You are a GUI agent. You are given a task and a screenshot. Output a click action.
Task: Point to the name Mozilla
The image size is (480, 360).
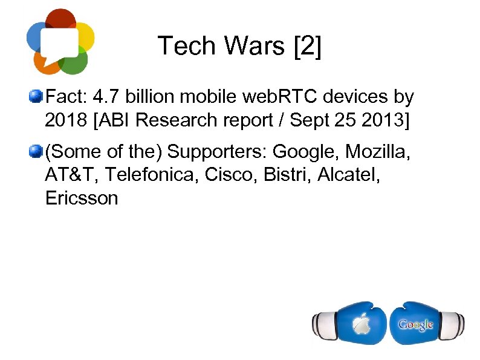tap(378, 151)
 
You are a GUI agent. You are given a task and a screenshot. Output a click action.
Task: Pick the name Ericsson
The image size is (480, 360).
tap(82, 198)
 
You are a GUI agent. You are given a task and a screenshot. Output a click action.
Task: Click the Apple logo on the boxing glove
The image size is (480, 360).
tap(362, 325)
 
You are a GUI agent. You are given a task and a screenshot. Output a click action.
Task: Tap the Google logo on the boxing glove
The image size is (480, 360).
tap(415, 324)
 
